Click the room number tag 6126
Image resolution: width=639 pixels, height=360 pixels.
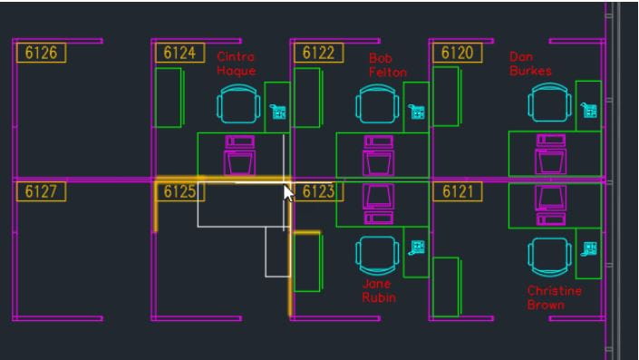coord(41,53)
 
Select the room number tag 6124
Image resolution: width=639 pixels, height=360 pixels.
coord(179,53)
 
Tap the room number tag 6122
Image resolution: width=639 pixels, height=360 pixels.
coord(318,53)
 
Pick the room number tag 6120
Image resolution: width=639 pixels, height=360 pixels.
coord(457,53)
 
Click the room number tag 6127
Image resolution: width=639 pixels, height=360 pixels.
coord(41,191)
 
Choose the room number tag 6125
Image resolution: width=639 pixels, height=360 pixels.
coord(179,191)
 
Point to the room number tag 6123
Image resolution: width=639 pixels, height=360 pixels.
coord(318,191)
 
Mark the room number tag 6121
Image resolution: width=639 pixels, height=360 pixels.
coord(457,191)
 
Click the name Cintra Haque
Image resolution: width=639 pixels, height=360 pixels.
coord(236,63)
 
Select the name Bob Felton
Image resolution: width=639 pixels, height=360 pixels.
coord(387,64)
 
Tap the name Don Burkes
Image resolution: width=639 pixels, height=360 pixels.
coord(530,63)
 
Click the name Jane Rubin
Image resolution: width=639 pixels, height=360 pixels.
coord(379,290)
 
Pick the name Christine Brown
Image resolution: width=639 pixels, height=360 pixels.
coord(554,297)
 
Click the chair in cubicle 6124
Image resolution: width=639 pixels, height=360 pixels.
coord(238,103)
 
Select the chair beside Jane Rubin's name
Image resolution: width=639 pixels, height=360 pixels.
coord(377,256)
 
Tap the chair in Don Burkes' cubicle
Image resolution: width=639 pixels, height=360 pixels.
coord(551,102)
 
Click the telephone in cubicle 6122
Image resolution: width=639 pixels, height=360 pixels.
coord(418,112)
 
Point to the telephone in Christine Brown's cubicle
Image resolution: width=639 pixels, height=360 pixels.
coord(590,248)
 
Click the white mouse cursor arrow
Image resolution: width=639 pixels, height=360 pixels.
coord(288,194)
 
